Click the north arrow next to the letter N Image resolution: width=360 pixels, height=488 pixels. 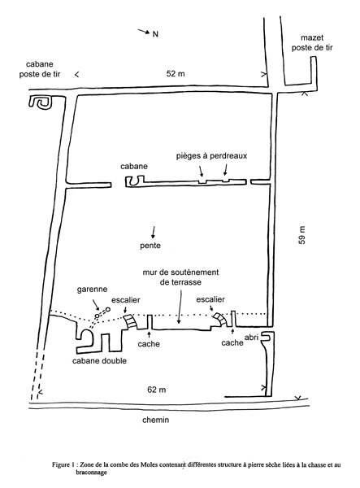click(x=144, y=31)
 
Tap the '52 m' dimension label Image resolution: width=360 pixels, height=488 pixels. click(x=176, y=74)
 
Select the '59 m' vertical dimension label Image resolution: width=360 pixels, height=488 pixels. click(x=301, y=235)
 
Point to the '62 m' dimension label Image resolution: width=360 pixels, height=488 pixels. click(x=156, y=390)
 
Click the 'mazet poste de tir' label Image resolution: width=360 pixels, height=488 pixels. click(x=312, y=42)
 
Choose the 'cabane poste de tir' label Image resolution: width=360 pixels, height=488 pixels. click(x=40, y=69)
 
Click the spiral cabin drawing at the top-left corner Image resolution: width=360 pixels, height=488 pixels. click(x=41, y=102)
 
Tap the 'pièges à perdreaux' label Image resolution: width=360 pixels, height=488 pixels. click(x=211, y=155)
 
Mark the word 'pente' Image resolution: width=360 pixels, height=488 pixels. click(x=150, y=246)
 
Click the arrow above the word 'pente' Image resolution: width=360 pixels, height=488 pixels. click(x=153, y=232)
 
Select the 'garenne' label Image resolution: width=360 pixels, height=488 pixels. click(x=92, y=290)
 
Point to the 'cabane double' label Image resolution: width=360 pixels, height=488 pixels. click(x=99, y=360)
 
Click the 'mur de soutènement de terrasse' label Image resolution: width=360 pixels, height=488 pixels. click(x=180, y=277)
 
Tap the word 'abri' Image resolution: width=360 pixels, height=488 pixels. click(x=251, y=338)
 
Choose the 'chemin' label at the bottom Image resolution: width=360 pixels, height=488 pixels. click(x=156, y=420)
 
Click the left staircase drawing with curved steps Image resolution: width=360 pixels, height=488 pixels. click(x=131, y=321)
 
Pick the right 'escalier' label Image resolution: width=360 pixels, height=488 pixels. click(x=210, y=299)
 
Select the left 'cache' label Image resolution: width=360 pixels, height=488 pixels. click(x=149, y=344)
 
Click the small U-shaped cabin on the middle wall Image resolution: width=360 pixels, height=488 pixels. click(x=135, y=181)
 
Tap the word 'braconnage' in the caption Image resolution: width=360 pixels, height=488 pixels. click(x=91, y=472)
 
